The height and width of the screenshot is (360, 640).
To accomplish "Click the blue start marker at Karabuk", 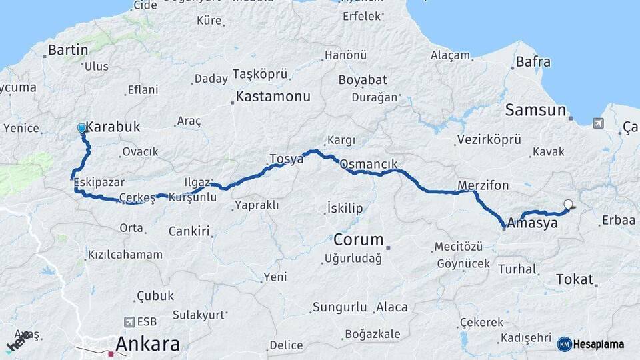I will click(x=81, y=127).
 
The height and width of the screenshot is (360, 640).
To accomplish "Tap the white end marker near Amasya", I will click(x=568, y=205).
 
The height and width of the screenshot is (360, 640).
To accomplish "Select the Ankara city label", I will click(x=147, y=344).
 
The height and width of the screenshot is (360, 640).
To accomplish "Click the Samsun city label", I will click(x=535, y=110).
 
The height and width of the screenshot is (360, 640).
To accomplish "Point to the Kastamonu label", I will click(x=273, y=97).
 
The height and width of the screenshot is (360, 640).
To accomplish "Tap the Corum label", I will click(x=359, y=239).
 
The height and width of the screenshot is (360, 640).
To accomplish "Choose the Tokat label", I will click(x=574, y=279).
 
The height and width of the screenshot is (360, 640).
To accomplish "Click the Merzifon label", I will click(x=483, y=185).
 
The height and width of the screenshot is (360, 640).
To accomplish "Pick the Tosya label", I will click(x=286, y=159).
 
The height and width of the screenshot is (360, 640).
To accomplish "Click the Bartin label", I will click(x=68, y=49).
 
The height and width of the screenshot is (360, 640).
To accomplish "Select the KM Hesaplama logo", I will click(x=592, y=344).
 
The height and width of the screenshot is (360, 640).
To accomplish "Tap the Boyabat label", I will click(x=363, y=80).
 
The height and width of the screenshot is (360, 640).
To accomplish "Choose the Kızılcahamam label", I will click(x=125, y=255).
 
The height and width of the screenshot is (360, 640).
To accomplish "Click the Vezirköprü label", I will click(x=488, y=140).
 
